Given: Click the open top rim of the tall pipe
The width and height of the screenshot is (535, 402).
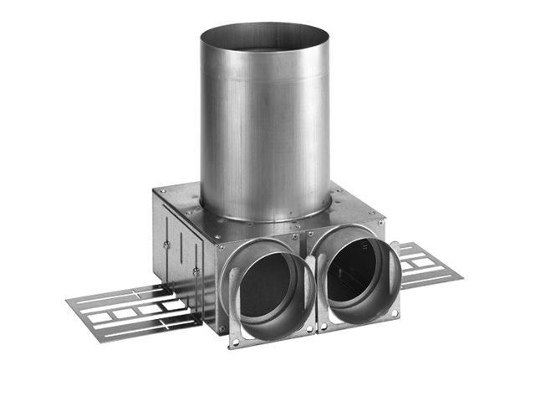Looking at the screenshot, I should (x=265, y=32).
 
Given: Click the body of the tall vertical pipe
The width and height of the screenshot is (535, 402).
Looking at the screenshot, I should (x=265, y=126).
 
